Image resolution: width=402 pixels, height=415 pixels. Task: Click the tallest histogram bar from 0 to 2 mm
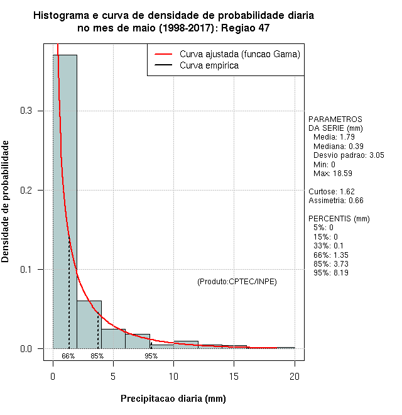point(65,201)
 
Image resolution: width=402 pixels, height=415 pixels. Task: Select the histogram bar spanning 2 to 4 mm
point(89,324)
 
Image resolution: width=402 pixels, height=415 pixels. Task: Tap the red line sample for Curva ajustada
point(162,55)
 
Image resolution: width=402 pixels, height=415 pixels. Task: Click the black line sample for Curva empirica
point(162,65)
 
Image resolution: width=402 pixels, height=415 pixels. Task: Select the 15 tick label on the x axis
point(234,376)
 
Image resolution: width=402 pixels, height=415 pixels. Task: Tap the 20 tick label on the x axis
point(294,376)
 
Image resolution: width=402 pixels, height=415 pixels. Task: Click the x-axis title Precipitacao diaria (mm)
point(173,399)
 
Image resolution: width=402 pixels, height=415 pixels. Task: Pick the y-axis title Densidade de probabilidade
point(6,202)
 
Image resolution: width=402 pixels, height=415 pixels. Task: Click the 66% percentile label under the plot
point(68,356)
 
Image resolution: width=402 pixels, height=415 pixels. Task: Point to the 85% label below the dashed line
point(97,356)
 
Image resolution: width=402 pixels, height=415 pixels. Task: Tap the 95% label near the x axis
point(151,356)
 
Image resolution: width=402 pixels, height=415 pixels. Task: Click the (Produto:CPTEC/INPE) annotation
point(237,281)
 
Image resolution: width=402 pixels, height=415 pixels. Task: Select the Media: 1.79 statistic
point(334,137)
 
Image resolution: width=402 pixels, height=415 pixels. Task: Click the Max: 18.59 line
point(332,173)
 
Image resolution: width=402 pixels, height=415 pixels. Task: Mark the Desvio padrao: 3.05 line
point(349,155)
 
